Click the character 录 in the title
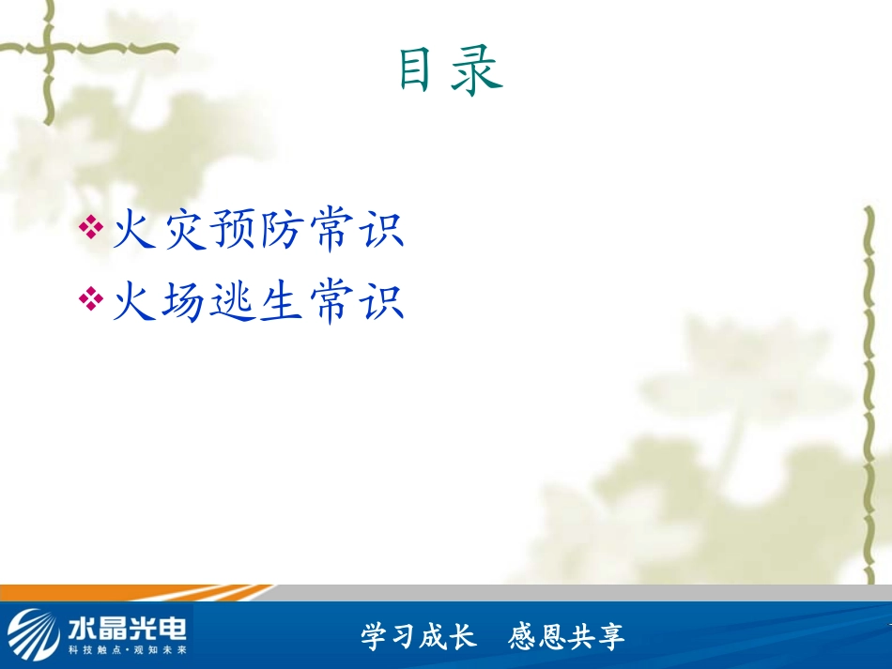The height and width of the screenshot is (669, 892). point(476,71)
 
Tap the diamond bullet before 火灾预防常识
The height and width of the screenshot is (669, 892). point(91,227)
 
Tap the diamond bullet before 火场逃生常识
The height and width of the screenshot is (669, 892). point(91,299)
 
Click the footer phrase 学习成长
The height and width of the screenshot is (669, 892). point(418,637)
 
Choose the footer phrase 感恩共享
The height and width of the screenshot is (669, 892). point(566,637)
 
